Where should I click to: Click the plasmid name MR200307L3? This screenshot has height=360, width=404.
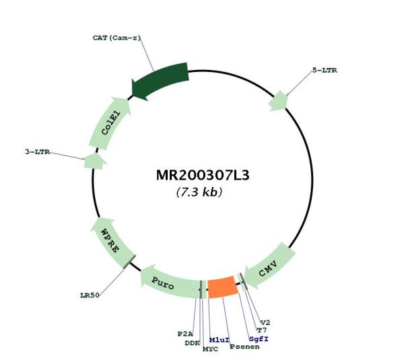[x=203, y=176]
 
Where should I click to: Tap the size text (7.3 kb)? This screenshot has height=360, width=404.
[x=199, y=192]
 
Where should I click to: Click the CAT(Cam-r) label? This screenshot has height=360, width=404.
[x=116, y=38]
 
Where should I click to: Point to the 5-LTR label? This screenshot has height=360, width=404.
[x=325, y=70]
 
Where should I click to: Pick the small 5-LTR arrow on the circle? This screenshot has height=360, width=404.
[x=277, y=101]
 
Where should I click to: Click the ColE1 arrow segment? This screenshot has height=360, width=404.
[x=110, y=123]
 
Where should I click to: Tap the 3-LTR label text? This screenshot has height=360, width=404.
[x=38, y=152]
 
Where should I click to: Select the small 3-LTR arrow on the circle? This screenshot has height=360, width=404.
[x=95, y=161]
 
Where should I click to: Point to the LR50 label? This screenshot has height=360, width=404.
[x=90, y=295]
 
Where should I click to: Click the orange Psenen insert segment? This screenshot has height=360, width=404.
[x=223, y=287]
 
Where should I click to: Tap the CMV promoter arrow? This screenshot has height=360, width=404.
[x=269, y=265]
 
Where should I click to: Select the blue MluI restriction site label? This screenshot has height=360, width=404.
[x=220, y=340]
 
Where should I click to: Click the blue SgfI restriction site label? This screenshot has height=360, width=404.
[x=259, y=339]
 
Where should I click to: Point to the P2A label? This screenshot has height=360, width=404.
[x=185, y=334]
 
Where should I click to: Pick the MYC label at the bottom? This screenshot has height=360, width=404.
[x=210, y=349]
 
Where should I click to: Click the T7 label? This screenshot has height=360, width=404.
[x=262, y=330]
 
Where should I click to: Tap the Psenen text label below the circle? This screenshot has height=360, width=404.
[x=245, y=347]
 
